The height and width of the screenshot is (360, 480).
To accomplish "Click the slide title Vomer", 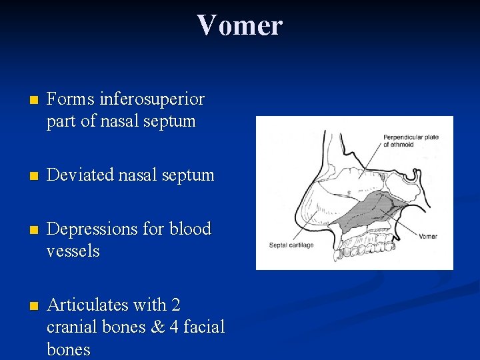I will tap(239, 25).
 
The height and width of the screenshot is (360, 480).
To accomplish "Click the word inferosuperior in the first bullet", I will tap(151, 99).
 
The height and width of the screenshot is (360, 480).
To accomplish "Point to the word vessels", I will tap(73, 251).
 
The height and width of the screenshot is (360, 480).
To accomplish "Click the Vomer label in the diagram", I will tap(429, 236).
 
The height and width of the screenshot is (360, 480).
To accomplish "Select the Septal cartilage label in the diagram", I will tap(291, 245).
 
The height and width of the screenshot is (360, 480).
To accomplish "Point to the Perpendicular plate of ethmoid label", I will tap(411, 140).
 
